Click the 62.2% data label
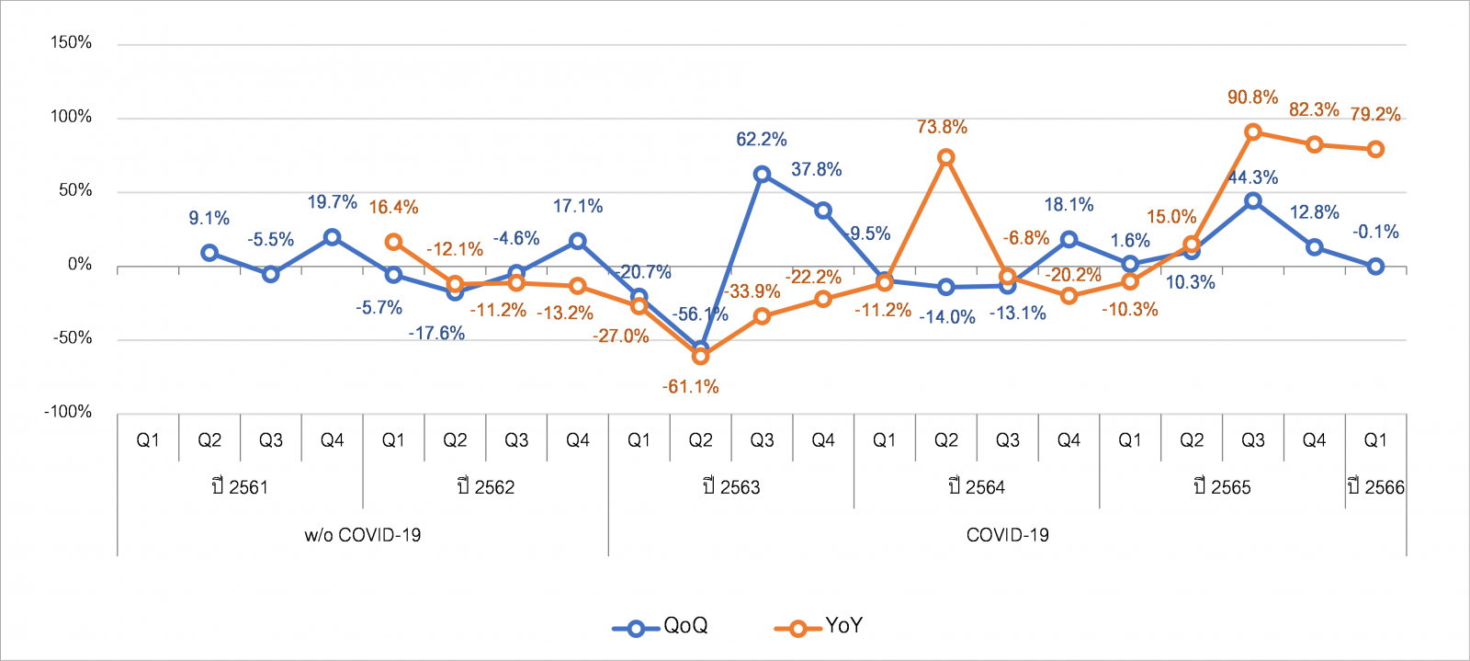761,140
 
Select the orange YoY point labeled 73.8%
945,157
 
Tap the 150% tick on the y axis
72,43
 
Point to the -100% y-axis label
68,412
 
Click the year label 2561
240,487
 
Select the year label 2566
1375,487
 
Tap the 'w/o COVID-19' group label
362,535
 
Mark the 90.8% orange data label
1252,97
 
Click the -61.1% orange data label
690,387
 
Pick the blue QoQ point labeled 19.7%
332,237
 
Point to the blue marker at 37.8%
823,211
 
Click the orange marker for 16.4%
393,242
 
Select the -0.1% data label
1374,232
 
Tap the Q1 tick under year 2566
1375,440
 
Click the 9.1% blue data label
209,219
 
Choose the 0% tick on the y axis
80,265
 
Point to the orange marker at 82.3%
1314,144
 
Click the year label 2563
731,487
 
